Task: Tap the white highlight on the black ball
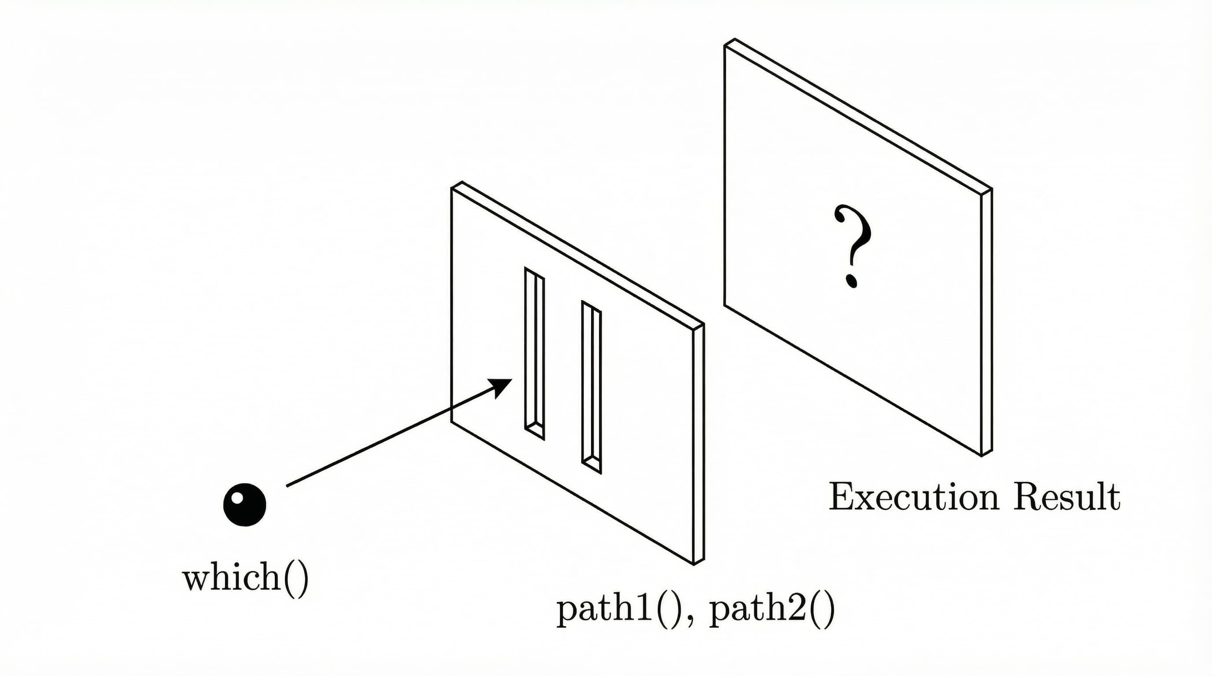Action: pyautogui.click(x=238, y=497)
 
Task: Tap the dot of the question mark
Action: pyautogui.click(x=852, y=281)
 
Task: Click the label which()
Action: pyautogui.click(x=245, y=578)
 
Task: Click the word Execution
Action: pyautogui.click(x=913, y=497)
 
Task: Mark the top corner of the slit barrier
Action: pyautogui.click(x=462, y=182)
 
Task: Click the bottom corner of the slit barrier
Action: pyautogui.click(x=695, y=564)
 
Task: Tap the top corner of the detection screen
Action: pyautogui.click(x=735, y=40)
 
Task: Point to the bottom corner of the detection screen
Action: pyautogui.click(x=982, y=455)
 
